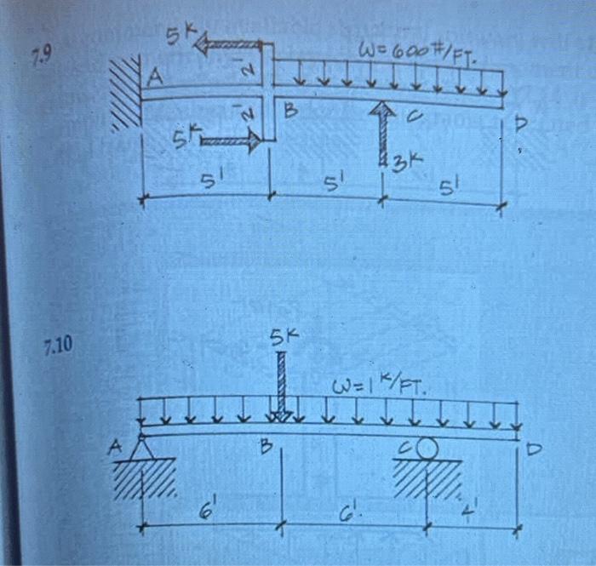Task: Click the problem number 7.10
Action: (x=58, y=345)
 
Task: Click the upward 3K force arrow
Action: (x=383, y=132)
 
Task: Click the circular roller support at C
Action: (x=427, y=448)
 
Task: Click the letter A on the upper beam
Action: (x=155, y=79)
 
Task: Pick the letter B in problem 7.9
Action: (x=290, y=110)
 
